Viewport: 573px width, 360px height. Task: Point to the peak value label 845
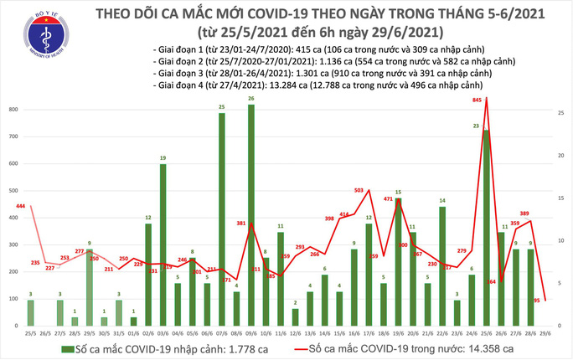click(x=477, y=100)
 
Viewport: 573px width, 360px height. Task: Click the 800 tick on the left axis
click(x=14, y=111)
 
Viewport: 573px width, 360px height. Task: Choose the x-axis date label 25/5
click(x=30, y=332)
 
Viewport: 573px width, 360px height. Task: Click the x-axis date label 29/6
click(x=545, y=332)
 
